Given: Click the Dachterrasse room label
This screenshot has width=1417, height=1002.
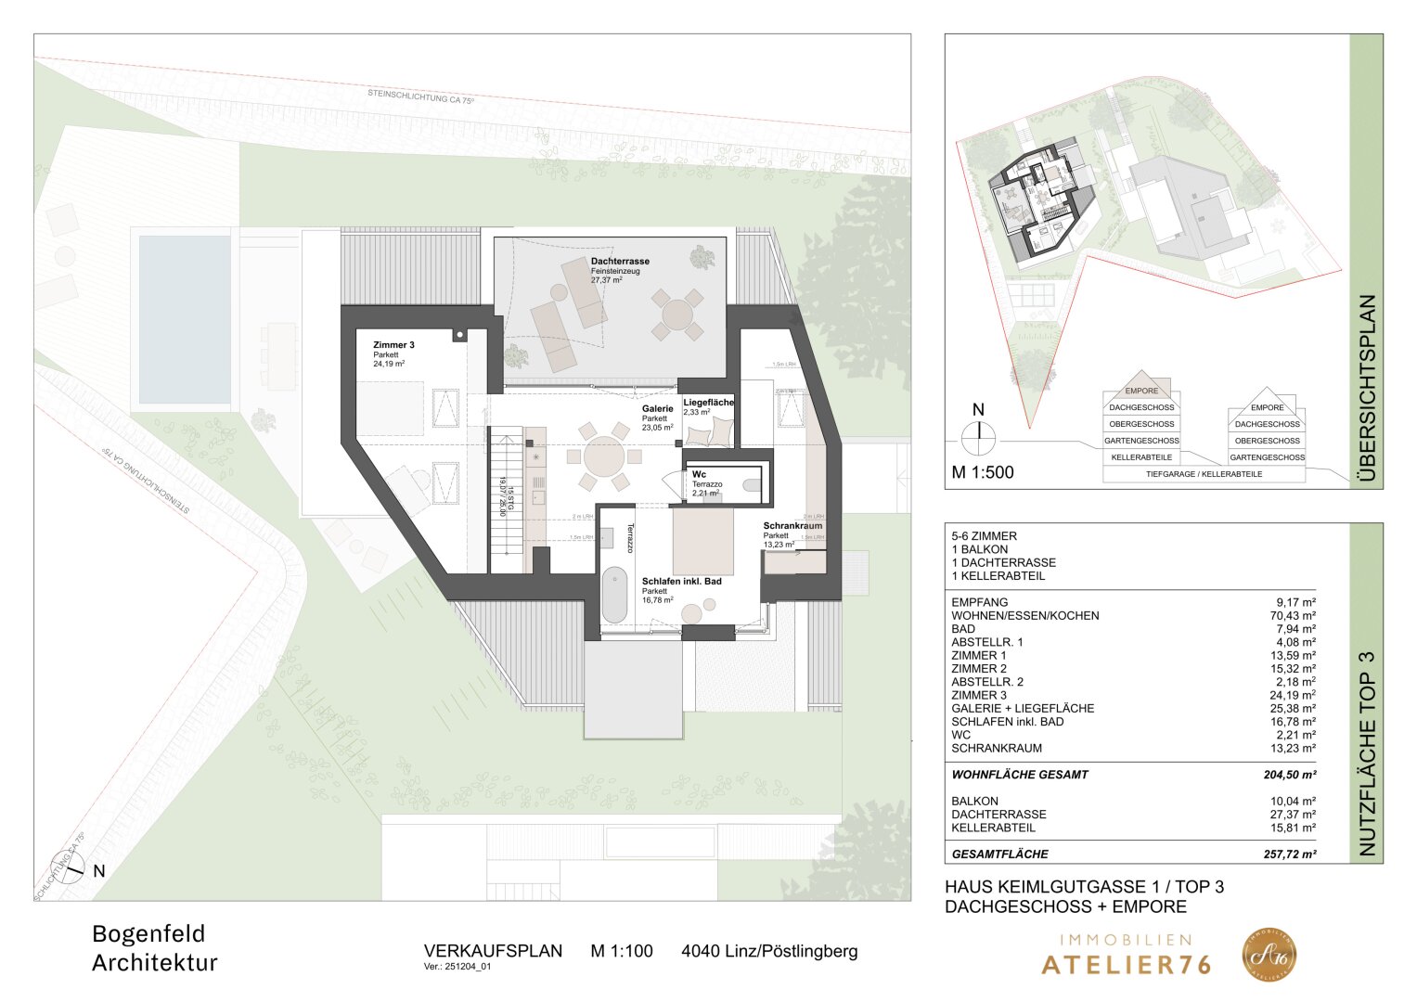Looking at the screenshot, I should click(x=620, y=262).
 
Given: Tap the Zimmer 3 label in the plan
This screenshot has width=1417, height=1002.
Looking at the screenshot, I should click(x=393, y=345).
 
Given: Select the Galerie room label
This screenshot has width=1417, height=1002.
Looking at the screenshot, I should click(x=657, y=409).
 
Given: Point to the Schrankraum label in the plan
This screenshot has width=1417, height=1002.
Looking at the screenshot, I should click(x=792, y=526).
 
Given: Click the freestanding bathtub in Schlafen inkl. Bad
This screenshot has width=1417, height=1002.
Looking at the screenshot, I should click(x=614, y=595).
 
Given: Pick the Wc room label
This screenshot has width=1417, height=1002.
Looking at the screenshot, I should click(x=699, y=474).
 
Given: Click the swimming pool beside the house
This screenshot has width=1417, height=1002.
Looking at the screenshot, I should click(x=185, y=319).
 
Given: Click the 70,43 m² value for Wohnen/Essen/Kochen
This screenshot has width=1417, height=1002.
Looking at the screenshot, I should click(x=1295, y=615).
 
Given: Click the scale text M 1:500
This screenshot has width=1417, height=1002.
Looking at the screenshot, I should click(x=983, y=472).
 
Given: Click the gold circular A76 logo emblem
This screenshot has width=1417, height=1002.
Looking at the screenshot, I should click(x=1269, y=955).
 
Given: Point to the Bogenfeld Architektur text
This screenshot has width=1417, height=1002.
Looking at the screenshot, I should click(x=154, y=948).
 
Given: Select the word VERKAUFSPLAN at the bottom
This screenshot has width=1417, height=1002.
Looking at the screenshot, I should click(x=493, y=951).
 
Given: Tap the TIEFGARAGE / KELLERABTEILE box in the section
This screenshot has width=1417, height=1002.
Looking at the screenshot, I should click(x=1204, y=474).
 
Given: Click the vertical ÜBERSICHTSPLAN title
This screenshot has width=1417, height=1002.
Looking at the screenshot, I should click(x=1366, y=390).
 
